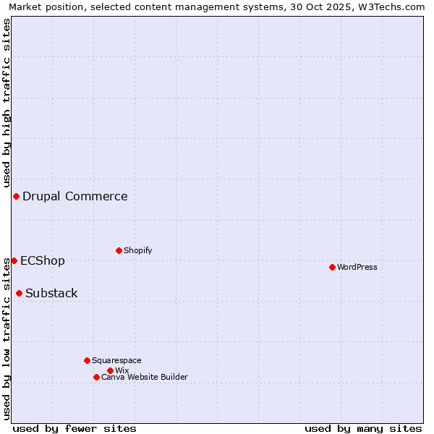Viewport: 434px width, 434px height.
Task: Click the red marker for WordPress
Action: pyautogui.click(x=332, y=267)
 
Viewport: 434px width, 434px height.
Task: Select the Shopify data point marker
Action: pyautogui.click(x=119, y=250)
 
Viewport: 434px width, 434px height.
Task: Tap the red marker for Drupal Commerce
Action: pyautogui.click(x=16, y=196)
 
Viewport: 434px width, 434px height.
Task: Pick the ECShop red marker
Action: pyautogui.click(x=14, y=260)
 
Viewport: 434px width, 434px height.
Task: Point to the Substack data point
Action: pyautogui.click(x=19, y=293)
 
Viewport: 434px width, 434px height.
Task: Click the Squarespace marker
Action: pyautogui.click(x=87, y=360)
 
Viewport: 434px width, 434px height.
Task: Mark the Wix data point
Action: pyautogui.click(x=110, y=370)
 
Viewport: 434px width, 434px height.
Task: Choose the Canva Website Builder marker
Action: pyautogui.click(x=96, y=377)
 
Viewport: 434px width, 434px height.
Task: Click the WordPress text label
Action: pyautogui.click(x=357, y=267)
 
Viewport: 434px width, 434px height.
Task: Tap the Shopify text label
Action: pyautogui.click(x=137, y=250)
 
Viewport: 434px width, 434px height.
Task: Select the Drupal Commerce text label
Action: pyautogui.click(x=75, y=196)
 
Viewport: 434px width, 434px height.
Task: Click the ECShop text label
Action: pyautogui.click(x=43, y=260)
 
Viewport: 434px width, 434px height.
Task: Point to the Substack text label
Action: pyautogui.click(x=51, y=293)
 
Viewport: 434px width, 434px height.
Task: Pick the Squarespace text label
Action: pyautogui.click(x=116, y=360)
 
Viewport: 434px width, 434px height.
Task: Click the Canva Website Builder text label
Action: pyautogui.click(x=145, y=377)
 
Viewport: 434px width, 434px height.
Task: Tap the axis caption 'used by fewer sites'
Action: pyautogui.click(x=75, y=428)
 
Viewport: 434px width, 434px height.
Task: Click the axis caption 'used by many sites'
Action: pyautogui.click(x=363, y=428)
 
